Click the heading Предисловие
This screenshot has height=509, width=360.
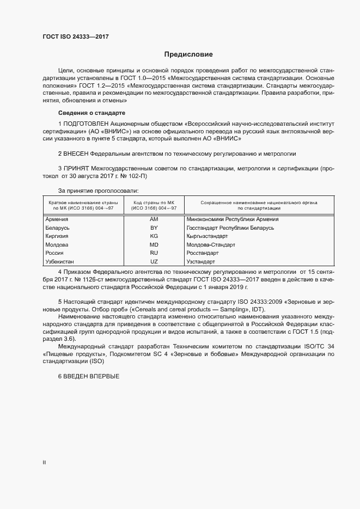point(188,54)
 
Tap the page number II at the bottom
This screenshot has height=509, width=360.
point(44,462)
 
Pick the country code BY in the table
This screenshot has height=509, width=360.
point(154,228)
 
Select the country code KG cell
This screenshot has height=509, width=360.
point(154,236)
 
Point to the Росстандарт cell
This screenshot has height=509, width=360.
point(202,253)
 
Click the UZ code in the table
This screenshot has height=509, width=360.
point(154,262)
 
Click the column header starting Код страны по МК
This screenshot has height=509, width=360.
point(155,205)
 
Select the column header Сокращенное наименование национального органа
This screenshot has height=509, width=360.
point(259,205)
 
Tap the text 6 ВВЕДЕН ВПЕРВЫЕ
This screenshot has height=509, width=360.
point(88,377)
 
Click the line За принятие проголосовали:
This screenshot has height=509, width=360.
point(98,191)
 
